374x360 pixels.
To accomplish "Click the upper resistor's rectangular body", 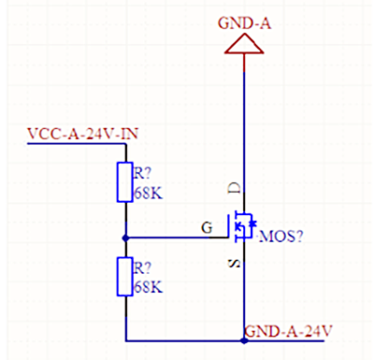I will (124, 181).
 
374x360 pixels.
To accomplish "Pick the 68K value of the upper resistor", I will (148, 194).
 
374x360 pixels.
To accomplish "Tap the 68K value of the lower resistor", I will (148, 287).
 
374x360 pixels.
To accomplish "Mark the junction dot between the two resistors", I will (124, 237).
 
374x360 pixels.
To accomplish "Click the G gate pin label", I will (208, 226).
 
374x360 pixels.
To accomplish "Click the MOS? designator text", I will (280, 237).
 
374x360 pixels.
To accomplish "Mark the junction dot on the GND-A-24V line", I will (244, 340).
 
